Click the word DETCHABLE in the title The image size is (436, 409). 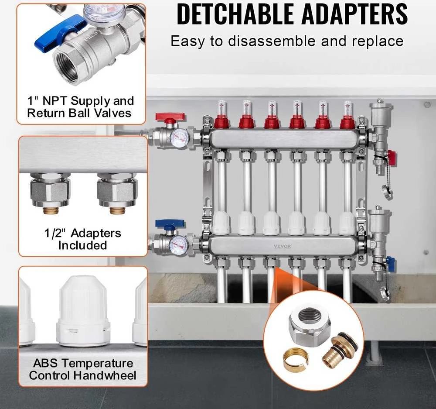(x=235, y=14)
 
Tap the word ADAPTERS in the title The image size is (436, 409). (x=354, y=14)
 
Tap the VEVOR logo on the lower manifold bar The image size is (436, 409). (x=282, y=246)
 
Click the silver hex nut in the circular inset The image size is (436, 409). (x=310, y=323)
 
